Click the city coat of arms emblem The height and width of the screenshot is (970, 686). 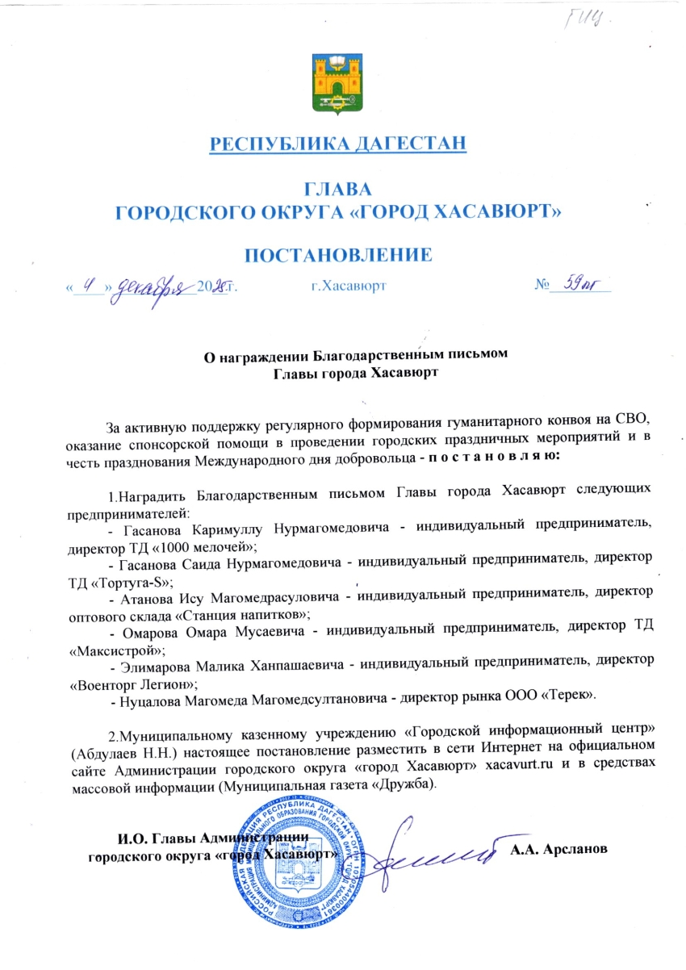click(x=338, y=83)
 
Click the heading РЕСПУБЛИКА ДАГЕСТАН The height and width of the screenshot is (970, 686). click(x=338, y=144)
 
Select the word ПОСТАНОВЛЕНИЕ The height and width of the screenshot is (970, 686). click(x=338, y=256)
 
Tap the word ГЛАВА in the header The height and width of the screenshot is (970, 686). click(x=338, y=190)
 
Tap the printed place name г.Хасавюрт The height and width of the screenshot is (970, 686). click(x=348, y=286)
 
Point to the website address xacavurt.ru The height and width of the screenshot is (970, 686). click(x=520, y=766)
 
